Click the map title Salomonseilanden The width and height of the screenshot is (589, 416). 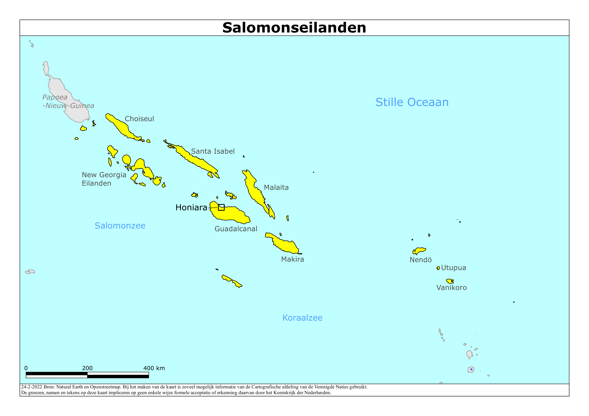(294, 28)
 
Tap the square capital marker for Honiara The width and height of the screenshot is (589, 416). (221, 207)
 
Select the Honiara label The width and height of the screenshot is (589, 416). (191, 207)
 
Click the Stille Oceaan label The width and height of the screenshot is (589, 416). (412, 102)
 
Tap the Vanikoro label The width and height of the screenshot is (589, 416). (451, 287)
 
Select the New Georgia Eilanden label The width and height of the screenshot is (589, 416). (104, 179)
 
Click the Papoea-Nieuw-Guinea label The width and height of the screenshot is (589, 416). (68, 101)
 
